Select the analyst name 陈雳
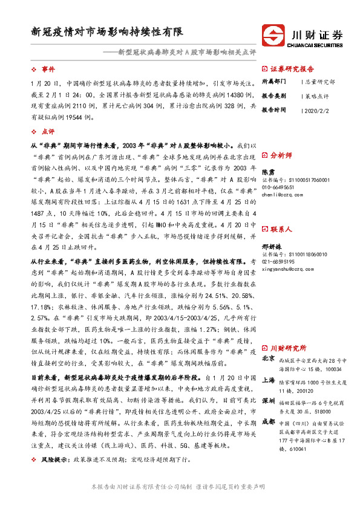[267, 172]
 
